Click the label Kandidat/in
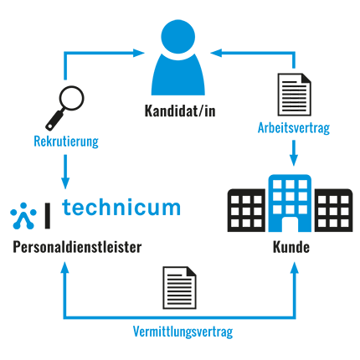[180, 111]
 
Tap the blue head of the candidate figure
[178, 36]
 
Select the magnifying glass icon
[64, 108]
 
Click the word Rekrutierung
[66, 141]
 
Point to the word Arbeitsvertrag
[294, 128]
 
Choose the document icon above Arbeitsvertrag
[294, 95]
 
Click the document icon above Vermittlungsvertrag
[179, 287]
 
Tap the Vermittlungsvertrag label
[183, 332]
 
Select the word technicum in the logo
[121, 208]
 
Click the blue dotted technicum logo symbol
[23, 216]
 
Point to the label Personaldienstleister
[77, 247]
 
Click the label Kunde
[291, 247]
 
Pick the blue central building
[290, 203]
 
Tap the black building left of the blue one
[246, 210]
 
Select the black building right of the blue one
[333, 210]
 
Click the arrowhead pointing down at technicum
[65, 183]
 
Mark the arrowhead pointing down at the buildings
[294, 160]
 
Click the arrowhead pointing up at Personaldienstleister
[65, 267]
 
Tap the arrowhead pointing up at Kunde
[295, 267]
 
